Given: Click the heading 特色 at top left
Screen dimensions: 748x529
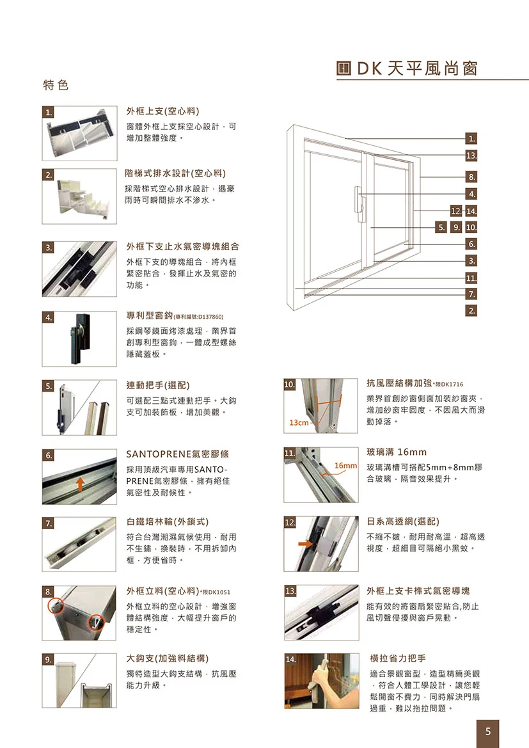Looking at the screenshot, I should (55, 85).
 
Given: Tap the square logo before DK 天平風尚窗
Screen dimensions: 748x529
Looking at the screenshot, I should (343, 69).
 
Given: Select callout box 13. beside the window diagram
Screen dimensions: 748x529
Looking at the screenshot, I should (471, 155).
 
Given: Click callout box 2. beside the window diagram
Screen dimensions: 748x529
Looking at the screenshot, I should (471, 311).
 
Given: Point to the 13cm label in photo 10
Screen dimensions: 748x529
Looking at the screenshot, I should (299, 423).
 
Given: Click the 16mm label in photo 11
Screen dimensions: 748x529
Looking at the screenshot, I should (346, 465).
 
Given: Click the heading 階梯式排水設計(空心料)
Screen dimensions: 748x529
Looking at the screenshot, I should (176, 173).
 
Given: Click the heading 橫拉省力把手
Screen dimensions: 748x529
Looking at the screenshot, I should (398, 658).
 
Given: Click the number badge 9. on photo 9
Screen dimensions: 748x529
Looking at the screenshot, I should (48, 658).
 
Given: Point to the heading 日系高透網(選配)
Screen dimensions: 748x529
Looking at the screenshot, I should (402, 521).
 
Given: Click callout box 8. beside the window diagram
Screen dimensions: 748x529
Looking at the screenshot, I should (471, 176).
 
